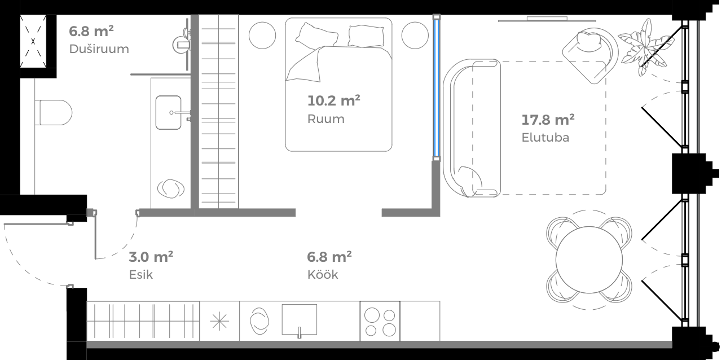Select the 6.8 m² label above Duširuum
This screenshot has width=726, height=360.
91,30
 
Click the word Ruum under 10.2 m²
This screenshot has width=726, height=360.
325,119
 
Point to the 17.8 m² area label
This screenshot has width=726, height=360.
548,119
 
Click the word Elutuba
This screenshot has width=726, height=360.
545,137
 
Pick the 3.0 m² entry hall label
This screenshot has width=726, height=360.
151,257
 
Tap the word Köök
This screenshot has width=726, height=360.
323,275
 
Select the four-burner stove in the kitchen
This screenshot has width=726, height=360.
380,321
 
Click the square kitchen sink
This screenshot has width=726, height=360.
300,320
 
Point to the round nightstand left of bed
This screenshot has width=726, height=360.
262,36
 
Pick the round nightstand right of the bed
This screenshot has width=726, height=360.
415,36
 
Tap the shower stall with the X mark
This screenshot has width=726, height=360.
34,41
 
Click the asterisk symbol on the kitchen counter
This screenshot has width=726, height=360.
219,321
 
